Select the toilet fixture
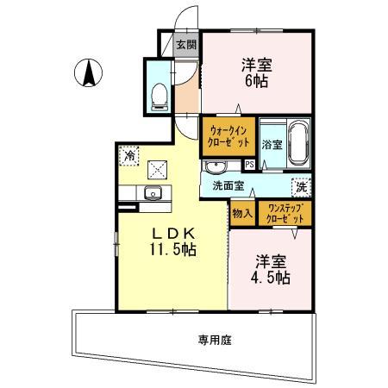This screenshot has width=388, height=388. pos(159,97)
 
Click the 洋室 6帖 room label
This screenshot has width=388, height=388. pos(256,73)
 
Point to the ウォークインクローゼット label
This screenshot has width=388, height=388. pos(228,135)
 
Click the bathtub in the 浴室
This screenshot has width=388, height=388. pos(299,142)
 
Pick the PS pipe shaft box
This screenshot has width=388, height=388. pos(249,163)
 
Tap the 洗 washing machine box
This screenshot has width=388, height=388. pos(301,186)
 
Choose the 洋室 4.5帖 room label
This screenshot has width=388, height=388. pos(271,270)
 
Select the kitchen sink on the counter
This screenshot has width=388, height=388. pos(154,192)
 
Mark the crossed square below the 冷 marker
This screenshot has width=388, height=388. pos(157,170)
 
